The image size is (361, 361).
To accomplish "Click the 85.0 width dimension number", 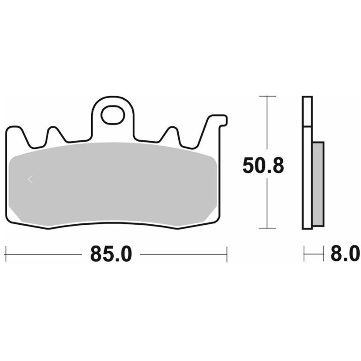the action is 111,254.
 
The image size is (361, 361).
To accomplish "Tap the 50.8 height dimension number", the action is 263,166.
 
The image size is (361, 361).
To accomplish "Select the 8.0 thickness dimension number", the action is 345,254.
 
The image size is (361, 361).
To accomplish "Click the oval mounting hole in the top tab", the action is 112,115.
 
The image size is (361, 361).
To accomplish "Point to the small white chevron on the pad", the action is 30,179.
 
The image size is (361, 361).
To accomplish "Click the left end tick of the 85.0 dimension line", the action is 6,255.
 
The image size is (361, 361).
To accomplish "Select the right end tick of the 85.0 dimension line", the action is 227,255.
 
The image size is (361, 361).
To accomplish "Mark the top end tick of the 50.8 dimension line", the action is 267,96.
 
